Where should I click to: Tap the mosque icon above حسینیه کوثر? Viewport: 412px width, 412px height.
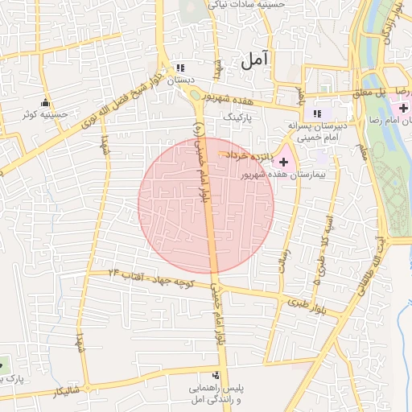click(x=45, y=102)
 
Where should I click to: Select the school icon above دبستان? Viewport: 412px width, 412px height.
click(x=180, y=68)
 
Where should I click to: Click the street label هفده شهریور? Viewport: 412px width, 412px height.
click(x=239, y=96)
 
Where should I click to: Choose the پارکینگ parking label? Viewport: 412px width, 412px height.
click(x=237, y=116)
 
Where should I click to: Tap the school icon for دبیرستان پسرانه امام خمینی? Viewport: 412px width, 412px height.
click(x=318, y=113)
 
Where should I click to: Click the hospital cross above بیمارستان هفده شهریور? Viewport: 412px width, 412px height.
click(x=282, y=162)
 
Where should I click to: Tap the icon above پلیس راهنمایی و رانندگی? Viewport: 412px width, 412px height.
click(x=215, y=375)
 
